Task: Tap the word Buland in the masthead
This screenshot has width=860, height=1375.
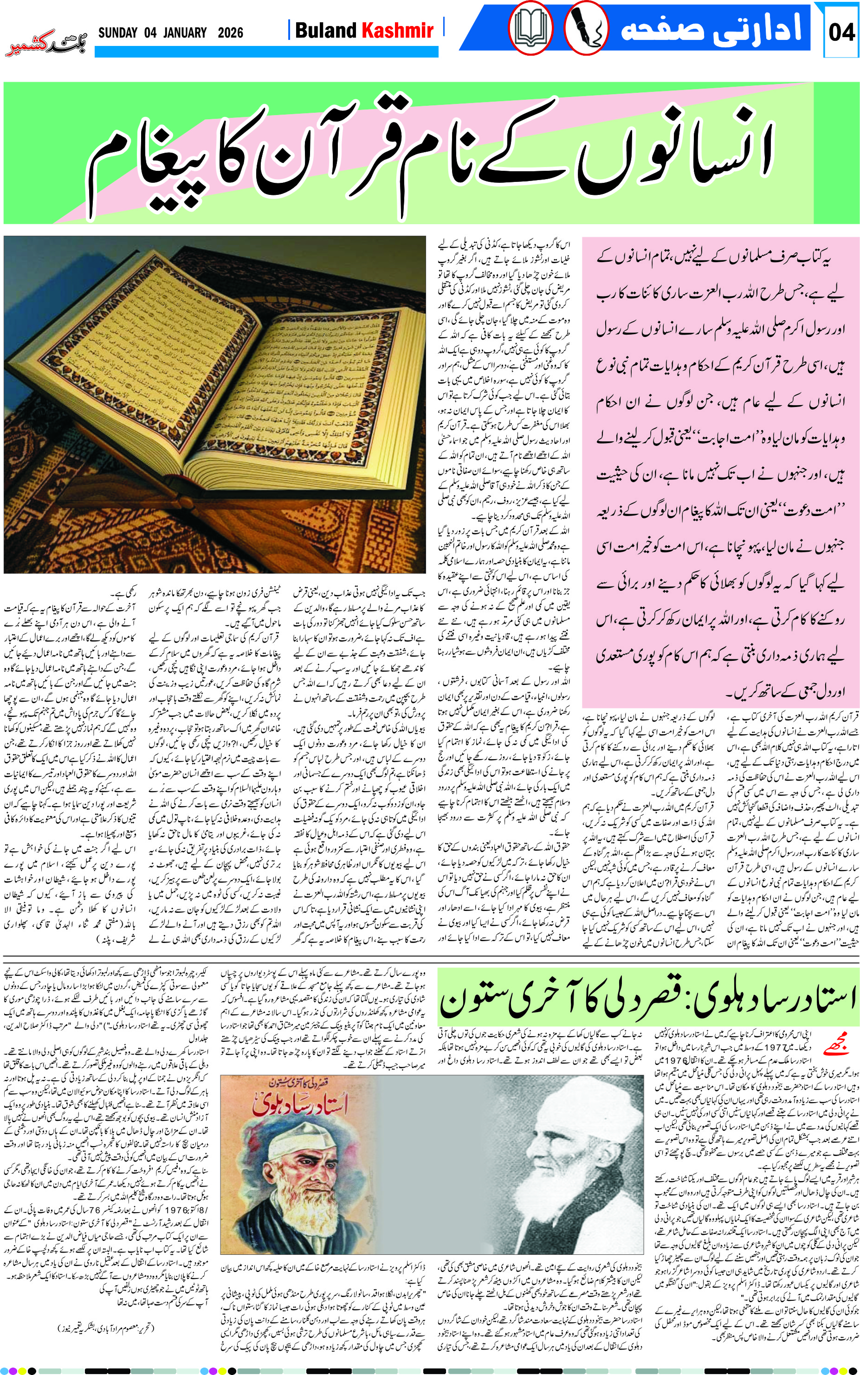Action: pyautogui.click(x=325, y=30)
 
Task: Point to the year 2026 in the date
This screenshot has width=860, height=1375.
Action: pyautogui.click(x=230, y=32)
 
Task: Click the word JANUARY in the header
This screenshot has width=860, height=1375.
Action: pyautogui.click(x=184, y=32)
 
